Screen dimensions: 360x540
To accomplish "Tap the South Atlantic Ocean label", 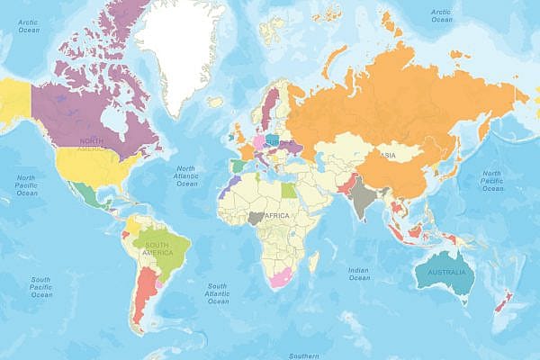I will tap(217, 293).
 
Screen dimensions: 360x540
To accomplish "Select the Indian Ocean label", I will tap(359, 273).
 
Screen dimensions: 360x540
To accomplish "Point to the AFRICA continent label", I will tap(274, 217).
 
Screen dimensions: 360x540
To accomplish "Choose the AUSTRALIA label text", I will tap(445, 272).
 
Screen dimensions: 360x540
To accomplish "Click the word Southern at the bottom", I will tap(304, 355).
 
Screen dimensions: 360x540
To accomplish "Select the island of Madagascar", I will tap(312, 262).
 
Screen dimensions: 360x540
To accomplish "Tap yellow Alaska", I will tap(14, 94).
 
